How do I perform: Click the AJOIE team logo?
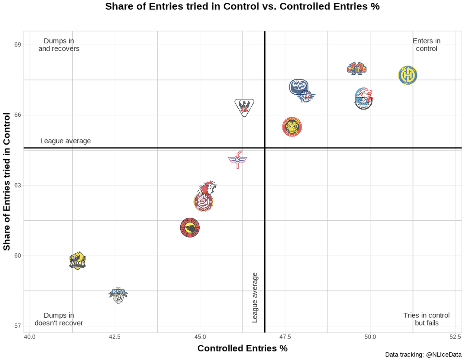[x=78, y=261]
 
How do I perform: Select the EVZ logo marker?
[x=118, y=295]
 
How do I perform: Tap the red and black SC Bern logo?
[x=190, y=228]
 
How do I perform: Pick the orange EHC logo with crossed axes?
[x=357, y=69]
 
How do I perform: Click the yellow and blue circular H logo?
[x=408, y=75]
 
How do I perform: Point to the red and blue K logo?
[x=238, y=160]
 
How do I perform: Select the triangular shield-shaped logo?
[x=244, y=107]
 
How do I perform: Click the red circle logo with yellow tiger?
[x=292, y=127]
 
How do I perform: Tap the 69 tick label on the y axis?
[x=18, y=45]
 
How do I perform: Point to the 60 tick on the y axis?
[x=18, y=256]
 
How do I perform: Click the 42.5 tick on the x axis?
[x=114, y=337]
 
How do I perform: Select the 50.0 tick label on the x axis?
[x=370, y=337]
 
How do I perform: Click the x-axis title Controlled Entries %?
[x=242, y=349]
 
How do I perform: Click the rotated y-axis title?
[x=7, y=181]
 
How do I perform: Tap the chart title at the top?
[x=242, y=6]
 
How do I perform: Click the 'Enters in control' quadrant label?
[x=426, y=45]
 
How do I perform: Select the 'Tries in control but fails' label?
[x=426, y=319]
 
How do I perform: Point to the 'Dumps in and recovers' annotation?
[x=59, y=45]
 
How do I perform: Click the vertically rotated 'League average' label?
[x=255, y=298]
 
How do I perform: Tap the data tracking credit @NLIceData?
[x=423, y=355]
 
